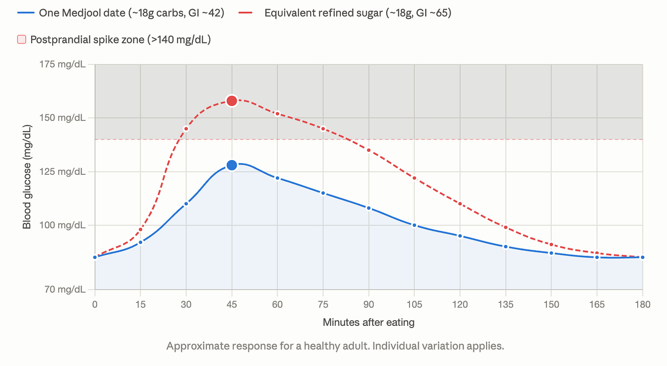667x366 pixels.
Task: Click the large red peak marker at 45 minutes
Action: (x=232, y=101)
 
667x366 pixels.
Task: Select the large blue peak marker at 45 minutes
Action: (x=232, y=165)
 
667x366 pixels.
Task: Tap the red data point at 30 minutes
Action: (x=186, y=129)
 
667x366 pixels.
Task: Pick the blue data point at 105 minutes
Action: (x=414, y=225)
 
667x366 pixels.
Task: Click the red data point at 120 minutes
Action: (x=460, y=204)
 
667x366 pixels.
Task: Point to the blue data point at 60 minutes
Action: (x=277, y=178)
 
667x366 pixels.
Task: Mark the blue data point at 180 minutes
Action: (x=643, y=257)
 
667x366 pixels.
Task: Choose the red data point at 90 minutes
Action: (x=369, y=150)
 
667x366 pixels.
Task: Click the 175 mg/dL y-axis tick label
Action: (x=62, y=64)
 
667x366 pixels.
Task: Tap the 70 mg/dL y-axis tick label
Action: (x=65, y=289)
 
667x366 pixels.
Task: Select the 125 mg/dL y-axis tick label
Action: (x=62, y=172)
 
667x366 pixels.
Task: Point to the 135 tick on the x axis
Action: (x=506, y=304)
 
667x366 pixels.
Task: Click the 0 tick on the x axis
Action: (x=95, y=304)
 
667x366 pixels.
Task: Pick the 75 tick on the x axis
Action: (x=323, y=304)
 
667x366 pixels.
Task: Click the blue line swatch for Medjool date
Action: (x=26, y=13)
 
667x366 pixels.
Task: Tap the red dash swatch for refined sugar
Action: (x=246, y=13)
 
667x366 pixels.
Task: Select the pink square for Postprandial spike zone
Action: (x=22, y=39)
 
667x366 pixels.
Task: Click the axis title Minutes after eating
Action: (x=369, y=322)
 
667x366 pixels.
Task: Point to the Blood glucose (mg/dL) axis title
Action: (x=27, y=177)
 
